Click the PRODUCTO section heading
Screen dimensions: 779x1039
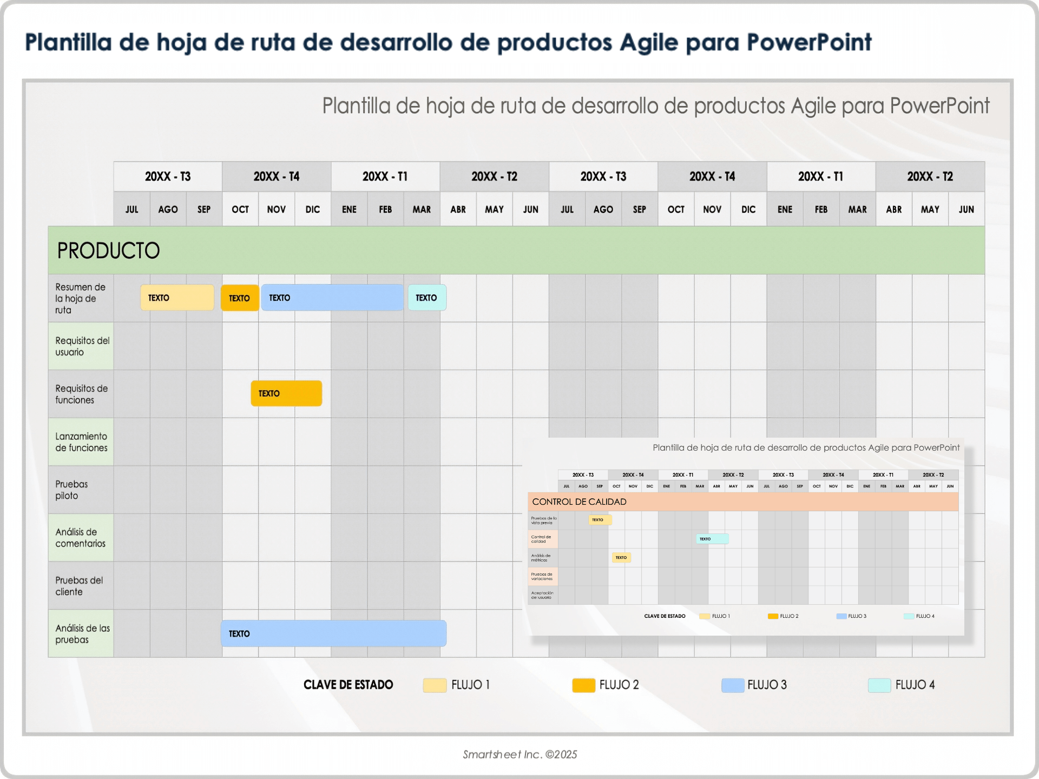point(108,250)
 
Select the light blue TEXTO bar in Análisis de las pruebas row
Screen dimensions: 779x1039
point(333,633)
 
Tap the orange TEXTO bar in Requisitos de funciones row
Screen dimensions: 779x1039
point(286,393)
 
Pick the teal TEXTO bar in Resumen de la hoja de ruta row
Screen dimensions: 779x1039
point(427,298)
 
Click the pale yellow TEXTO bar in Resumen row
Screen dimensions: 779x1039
point(177,298)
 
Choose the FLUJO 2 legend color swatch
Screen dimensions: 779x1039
point(583,685)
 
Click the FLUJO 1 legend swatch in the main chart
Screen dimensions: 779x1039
point(435,685)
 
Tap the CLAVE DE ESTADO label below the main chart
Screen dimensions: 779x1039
point(348,685)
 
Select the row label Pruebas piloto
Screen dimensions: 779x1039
point(71,490)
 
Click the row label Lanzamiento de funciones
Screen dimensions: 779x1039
point(81,442)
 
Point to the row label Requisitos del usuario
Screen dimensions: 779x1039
point(82,346)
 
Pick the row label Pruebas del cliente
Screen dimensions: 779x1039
point(79,586)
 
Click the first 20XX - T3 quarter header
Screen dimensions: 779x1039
point(168,176)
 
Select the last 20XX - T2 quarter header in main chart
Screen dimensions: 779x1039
point(930,176)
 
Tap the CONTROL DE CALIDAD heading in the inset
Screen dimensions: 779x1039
point(579,501)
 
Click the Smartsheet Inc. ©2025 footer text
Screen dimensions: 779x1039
point(519,754)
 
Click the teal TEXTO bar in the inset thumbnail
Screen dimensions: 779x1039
point(712,539)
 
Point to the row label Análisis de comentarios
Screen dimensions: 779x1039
point(80,538)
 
